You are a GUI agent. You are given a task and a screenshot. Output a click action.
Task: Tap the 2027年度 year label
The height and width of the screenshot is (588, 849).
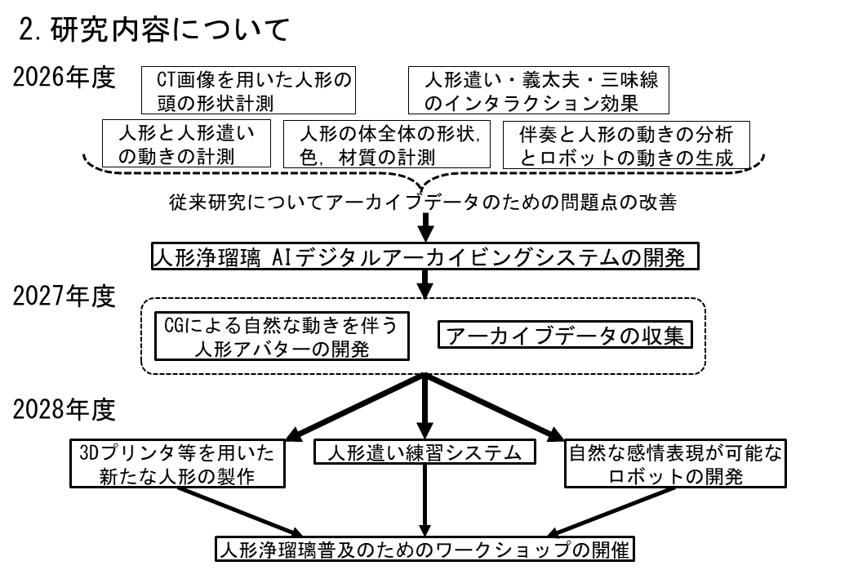64,297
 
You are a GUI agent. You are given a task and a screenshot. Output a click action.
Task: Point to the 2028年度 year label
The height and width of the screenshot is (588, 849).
64,412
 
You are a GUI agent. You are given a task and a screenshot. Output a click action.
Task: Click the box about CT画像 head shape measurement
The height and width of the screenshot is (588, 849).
249,91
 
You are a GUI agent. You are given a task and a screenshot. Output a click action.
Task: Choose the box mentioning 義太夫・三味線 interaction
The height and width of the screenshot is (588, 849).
538,91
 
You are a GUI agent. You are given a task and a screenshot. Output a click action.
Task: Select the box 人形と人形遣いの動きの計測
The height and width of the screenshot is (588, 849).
186,145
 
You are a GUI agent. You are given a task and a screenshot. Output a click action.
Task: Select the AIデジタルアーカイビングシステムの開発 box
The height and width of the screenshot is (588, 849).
425,257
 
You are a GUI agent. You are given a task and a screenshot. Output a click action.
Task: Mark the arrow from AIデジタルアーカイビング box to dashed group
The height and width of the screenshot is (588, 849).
425,283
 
